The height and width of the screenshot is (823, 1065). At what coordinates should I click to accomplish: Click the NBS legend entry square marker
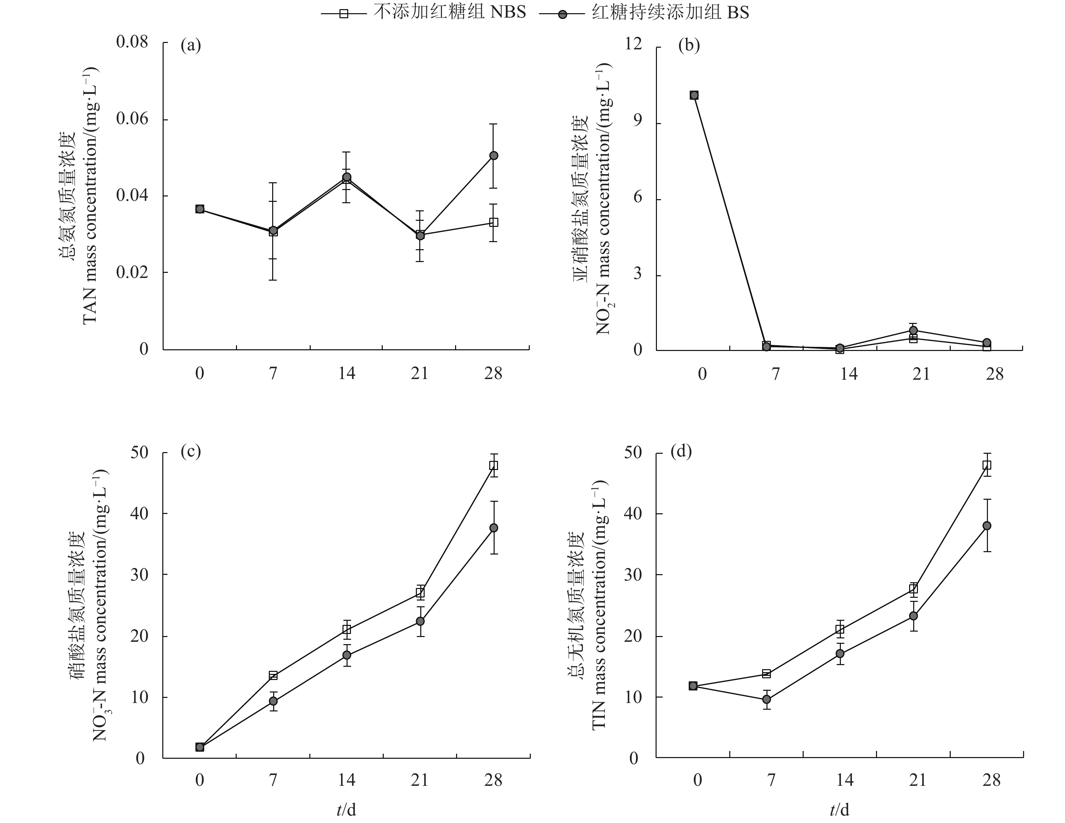point(344,14)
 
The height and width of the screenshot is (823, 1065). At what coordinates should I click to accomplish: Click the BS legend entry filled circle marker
point(562,14)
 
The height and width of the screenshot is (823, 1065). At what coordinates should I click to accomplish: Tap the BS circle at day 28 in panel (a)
point(494,156)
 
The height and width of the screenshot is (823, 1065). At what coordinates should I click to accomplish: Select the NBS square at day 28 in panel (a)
point(494,222)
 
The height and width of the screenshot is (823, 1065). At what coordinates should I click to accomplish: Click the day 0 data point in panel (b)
point(694,95)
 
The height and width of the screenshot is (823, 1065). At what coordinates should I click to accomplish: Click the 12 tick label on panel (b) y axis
point(634,44)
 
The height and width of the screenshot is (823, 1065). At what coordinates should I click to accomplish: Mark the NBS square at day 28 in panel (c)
point(494,465)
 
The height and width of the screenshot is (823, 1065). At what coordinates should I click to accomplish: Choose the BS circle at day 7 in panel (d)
point(766,699)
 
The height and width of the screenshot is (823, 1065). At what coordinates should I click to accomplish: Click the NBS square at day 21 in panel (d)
point(913,588)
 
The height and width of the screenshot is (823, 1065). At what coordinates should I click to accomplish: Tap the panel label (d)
point(681,452)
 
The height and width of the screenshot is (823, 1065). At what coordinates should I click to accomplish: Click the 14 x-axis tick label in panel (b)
point(849,374)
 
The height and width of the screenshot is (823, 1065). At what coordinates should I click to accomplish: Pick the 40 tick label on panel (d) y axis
point(634,514)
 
